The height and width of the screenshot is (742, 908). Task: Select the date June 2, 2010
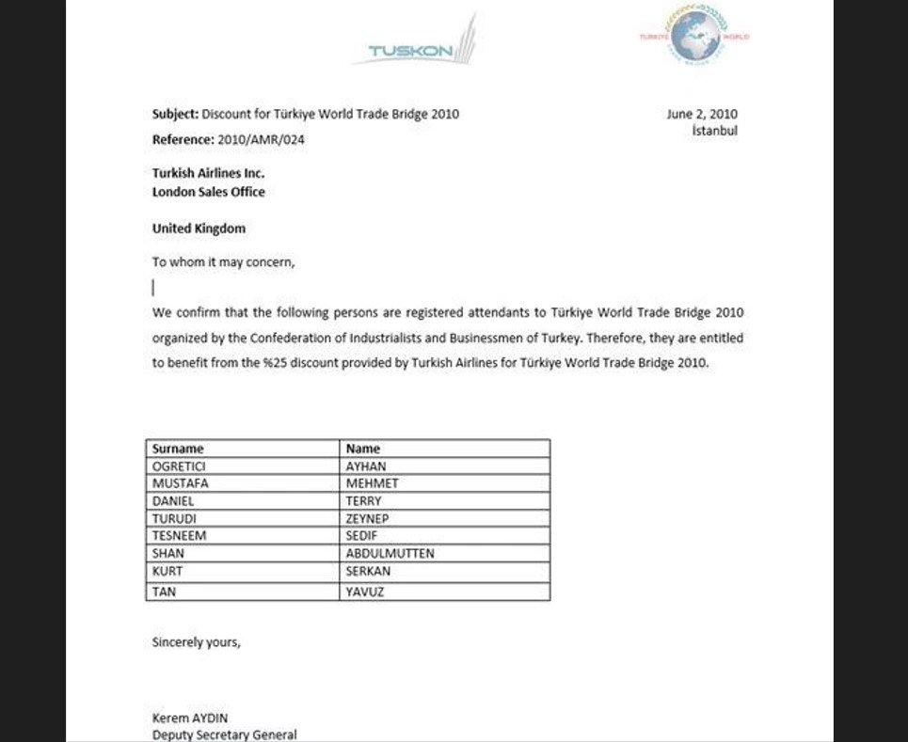702,114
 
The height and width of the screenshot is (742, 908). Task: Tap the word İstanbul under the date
714,131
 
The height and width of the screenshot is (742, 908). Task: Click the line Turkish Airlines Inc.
208,173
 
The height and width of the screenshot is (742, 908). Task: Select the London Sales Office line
208,192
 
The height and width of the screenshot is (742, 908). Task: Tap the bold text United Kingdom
199,229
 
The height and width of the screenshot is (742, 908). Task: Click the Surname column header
178,449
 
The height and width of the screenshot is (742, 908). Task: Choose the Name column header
363,449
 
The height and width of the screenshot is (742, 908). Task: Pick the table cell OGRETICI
179,466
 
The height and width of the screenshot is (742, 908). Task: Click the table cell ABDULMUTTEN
390,554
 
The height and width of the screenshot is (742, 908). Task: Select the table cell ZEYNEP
367,518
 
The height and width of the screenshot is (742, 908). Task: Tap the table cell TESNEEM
179,535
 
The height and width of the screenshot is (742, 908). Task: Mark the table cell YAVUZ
365,592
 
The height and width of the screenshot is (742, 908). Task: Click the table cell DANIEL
173,501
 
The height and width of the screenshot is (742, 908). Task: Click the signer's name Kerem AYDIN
190,718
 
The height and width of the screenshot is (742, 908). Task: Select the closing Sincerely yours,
196,642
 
